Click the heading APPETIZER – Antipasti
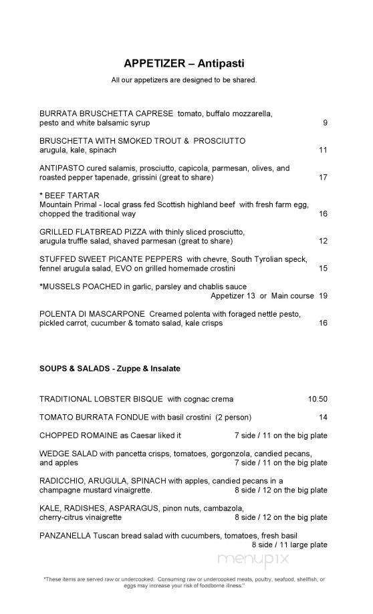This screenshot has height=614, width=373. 184,63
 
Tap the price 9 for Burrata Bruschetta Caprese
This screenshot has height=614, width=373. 325,123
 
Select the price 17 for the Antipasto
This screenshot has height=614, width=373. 323,178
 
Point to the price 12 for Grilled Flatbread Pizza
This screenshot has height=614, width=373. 323,241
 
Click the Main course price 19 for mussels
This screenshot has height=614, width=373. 323,295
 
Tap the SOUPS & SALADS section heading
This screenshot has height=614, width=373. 110,368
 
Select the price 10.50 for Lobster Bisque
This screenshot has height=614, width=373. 318,400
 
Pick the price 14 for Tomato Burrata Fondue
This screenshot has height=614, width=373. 323,418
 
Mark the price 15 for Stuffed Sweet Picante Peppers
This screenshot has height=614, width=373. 323,269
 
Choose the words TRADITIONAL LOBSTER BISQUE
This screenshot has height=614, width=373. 101,400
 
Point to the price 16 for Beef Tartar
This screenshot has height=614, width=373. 323,214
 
